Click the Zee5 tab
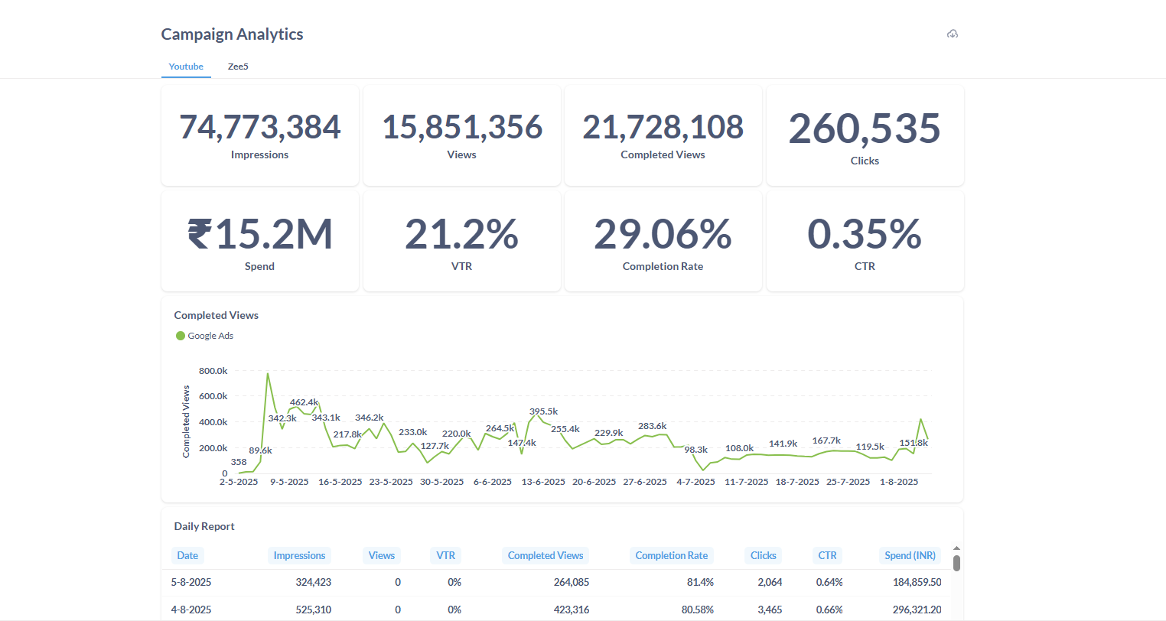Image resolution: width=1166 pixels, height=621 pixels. coord(238,67)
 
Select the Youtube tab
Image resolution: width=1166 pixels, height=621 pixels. coord(186,67)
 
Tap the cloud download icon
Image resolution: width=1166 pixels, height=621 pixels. coord(953,34)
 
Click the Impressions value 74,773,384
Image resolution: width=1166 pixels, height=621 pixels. coord(260,127)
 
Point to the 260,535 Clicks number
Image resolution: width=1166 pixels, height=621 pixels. coord(865,128)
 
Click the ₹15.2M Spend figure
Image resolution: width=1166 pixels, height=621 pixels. coord(260,234)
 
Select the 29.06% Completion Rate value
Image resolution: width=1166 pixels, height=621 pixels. coord(663,234)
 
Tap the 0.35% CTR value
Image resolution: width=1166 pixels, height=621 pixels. coord(865,234)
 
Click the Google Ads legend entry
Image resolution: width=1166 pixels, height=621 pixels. coord(205,336)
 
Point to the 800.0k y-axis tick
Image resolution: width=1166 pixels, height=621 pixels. coord(213,371)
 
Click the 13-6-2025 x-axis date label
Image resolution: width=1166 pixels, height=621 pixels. coord(543,482)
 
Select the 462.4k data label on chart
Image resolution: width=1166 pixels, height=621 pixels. coord(304,402)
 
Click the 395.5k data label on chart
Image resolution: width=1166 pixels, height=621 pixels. coord(543,411)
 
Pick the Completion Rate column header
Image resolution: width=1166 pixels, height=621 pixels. coord(671,556)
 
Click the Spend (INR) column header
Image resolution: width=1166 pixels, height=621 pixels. coord(910,556)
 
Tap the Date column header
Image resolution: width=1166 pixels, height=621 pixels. coord(187,556)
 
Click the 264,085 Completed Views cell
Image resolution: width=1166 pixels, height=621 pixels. coord(571,582)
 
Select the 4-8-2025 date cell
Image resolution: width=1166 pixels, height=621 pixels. coord(191,610)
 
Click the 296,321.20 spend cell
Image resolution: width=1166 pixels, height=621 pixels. coord(917,610)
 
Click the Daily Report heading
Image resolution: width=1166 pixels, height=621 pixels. coord(204,526)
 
